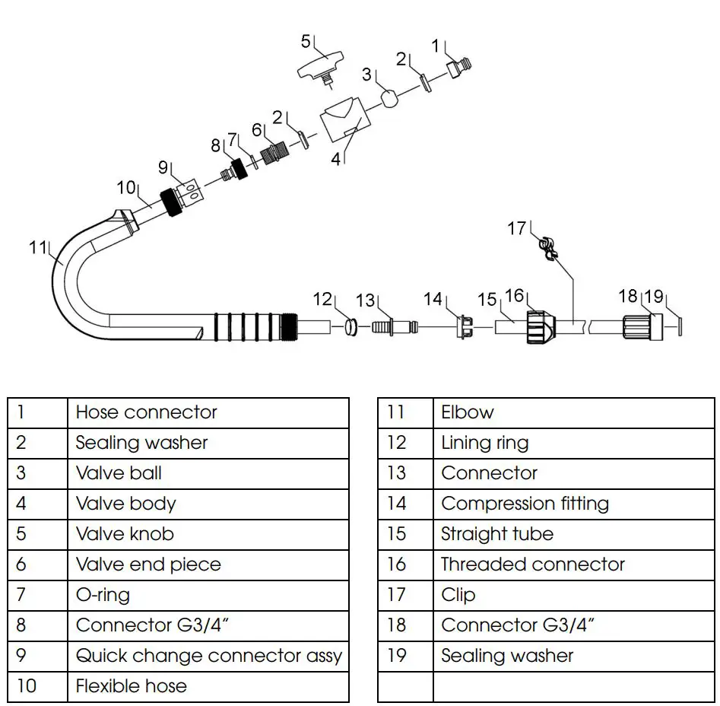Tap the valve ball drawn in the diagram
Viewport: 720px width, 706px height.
point(389,100)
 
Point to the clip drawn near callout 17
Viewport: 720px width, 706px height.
point(547,249)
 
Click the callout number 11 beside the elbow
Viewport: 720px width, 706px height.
point(37,247)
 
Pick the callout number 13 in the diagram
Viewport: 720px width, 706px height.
point(366,301)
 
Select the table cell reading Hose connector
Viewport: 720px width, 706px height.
point(146,412)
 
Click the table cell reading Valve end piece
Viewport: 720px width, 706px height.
point(148,564)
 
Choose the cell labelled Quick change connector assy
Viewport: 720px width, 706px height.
point(208,656)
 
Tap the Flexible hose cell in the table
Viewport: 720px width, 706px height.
point(131,686)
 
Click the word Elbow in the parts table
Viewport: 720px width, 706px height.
point(467,412)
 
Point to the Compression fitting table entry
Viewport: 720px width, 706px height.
point(525,504)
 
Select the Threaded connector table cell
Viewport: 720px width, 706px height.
point(532,564)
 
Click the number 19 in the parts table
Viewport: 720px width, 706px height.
point(397,656)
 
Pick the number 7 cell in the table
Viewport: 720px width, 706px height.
point(21,595)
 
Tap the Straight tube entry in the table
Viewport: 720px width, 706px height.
point(496,534)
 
